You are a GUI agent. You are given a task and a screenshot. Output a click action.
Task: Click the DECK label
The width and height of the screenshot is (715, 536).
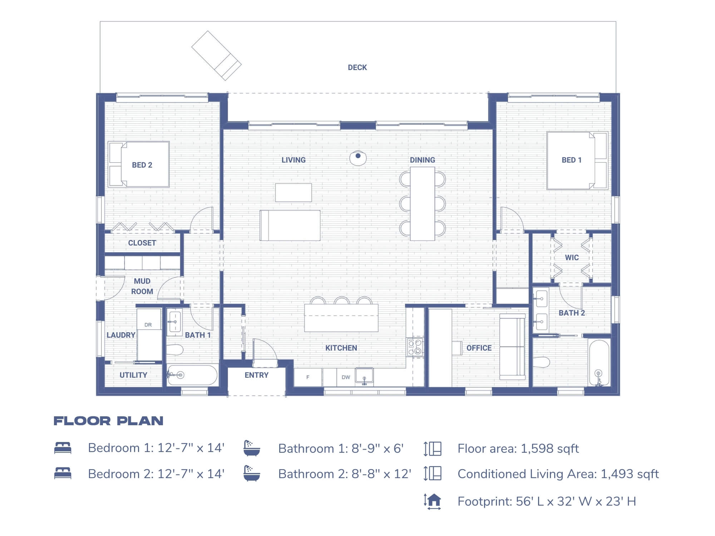click(x=357, y=68)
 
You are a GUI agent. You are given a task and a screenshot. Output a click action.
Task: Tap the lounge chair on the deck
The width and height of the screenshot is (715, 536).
click(x=216, y=55)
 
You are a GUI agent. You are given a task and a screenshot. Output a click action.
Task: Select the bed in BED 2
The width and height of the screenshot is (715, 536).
click(x=139, y=164)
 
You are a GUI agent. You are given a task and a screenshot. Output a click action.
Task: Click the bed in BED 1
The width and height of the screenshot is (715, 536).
click(x=576, y=160)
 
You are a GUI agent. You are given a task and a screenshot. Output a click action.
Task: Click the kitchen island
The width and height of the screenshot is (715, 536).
click(x=341, y=318)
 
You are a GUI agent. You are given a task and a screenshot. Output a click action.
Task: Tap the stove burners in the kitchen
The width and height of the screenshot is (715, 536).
click(x=415, y=347)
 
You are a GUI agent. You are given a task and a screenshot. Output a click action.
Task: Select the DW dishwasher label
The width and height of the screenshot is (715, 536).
click(x=346, y=377)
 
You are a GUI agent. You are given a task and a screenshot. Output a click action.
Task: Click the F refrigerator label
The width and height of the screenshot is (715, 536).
click(x=308, y=377)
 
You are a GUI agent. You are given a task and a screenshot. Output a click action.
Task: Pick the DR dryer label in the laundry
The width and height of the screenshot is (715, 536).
click(x=148, y=325)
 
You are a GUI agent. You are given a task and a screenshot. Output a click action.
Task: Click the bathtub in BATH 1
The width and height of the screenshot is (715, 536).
click(x=192, y=375)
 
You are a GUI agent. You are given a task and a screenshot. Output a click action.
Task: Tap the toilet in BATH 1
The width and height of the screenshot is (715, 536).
click(x=175, y=349)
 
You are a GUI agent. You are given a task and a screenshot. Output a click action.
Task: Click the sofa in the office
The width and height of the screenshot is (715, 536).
click(x=512, y=347)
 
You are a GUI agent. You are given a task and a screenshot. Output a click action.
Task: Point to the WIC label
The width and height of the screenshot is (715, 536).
click(x=572, y=258)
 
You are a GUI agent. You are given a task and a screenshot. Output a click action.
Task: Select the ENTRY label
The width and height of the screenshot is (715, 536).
click(x=256, y=375)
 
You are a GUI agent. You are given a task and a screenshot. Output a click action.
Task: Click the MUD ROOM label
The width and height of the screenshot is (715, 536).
click(x=142, y=286)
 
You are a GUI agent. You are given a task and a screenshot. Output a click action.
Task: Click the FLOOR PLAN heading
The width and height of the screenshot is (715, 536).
click(x=108, y=421)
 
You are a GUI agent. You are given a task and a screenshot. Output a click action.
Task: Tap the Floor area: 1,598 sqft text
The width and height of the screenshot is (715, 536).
click(x=518, y=448)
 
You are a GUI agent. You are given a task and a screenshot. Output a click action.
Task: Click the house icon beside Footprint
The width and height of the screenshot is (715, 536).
click(x=433, y=501)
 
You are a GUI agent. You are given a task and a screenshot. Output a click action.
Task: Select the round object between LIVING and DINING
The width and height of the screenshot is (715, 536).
click(x=358, y=158)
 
